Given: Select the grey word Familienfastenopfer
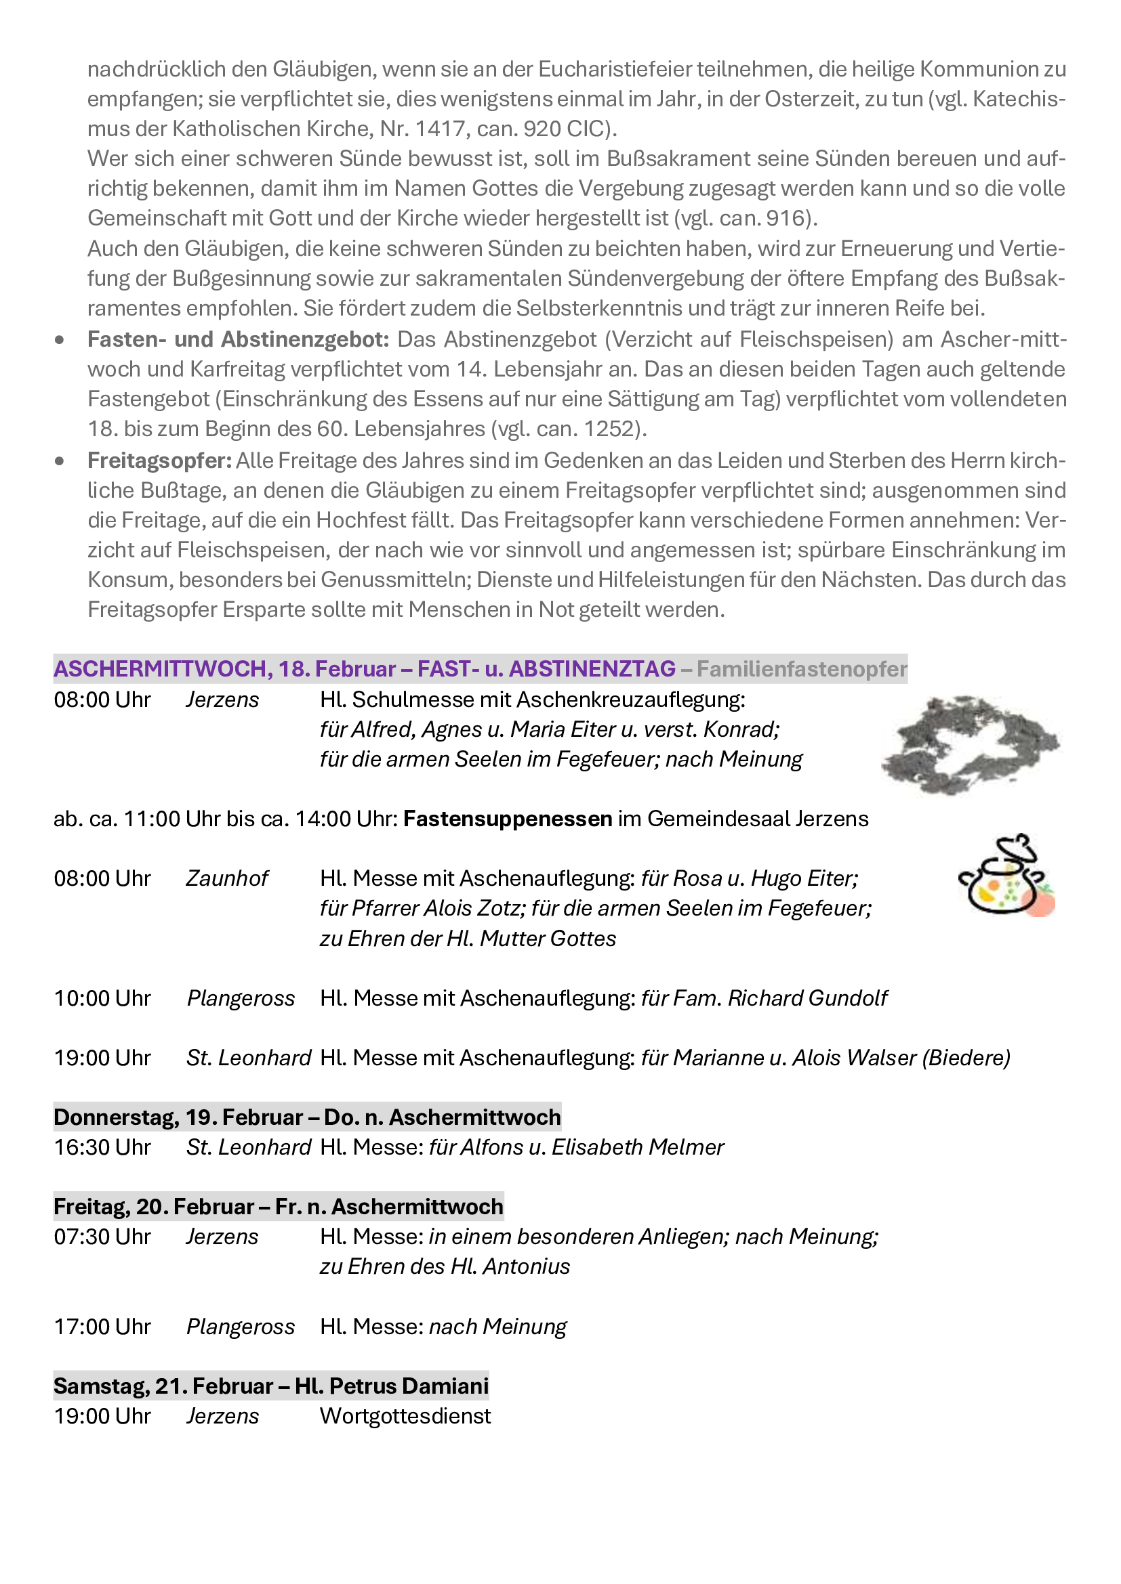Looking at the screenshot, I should (x=801, y=668).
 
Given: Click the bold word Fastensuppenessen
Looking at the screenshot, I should (x=508, y=819).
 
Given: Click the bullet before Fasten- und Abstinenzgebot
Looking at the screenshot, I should (x=60, y=340).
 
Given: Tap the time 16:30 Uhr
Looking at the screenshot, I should (x=102, y=1147).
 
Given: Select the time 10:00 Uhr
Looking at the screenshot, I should (x=102, y=998).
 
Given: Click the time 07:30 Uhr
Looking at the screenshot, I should (x=102, y=1237).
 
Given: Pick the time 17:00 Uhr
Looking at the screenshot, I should (x=102, y=1327).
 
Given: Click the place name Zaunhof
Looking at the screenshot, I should (x=227, y=878).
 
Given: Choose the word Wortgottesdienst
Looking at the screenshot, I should (x=405, y=1416).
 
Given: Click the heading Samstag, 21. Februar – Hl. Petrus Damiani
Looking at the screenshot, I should (x=271, y=1386).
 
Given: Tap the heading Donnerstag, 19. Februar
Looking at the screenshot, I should (x=178, y=1117).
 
